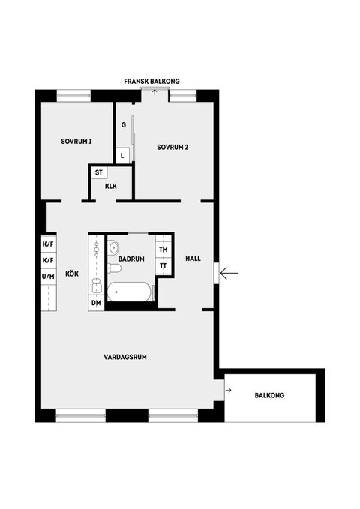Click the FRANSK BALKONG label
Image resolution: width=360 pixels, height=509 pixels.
tap(152, 81)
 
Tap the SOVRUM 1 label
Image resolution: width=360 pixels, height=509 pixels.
tap(76, 142)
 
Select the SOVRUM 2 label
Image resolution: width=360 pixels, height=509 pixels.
tap(172, 147)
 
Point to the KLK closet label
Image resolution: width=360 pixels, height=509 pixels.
tap(111, 187)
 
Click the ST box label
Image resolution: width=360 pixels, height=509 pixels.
tap(98, 172)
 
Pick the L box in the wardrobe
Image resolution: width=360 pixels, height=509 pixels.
tap(124, 155)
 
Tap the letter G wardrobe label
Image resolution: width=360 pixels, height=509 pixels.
tap(123, 126)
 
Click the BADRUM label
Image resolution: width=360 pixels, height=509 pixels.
tap(130, 259)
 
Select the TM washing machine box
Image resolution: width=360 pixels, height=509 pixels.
tap(163, 250)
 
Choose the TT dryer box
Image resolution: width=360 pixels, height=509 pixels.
tap(163, 266)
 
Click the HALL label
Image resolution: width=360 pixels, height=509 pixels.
tap(193, 259)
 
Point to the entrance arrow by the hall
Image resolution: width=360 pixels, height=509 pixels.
tap(229, 273)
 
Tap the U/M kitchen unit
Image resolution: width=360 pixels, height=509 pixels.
tap(48, 277)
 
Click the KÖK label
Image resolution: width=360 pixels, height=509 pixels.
tap(72, 274)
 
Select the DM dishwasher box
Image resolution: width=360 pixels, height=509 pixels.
tap(96, 302)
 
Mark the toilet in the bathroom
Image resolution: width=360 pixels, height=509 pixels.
tap(115, 268)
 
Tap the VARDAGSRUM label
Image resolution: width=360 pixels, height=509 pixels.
tap(125, 357)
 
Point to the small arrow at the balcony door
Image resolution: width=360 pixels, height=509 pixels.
tap(228, 390)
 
